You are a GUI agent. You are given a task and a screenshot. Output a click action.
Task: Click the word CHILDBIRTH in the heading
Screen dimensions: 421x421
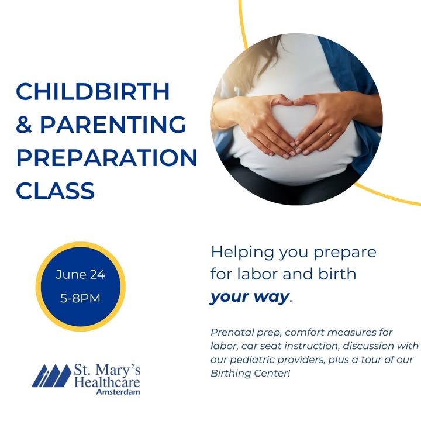click(x=93, y=91)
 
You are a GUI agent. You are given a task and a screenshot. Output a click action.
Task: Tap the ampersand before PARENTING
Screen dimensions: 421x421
click(x=24, y=125)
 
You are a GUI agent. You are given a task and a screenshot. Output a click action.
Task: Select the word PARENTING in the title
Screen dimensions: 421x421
click(x=113, y=125)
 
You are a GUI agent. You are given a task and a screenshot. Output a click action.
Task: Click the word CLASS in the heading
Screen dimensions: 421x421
click(x=56, y=191)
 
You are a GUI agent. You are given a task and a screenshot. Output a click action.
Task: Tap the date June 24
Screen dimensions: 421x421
click(x=80, y=275)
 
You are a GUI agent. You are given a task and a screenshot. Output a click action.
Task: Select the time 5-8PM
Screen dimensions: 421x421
click(x=80, y=298)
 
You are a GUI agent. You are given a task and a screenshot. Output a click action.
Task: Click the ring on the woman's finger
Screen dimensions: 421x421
click(x=329, y=133)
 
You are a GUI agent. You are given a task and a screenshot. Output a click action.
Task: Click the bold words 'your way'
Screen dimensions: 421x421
click(x=250, y=297)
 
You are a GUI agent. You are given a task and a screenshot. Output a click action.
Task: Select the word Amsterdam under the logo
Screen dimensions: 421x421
click(x=118, y=392)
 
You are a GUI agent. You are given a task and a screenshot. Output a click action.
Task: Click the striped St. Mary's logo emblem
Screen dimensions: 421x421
click(x=51, y=375)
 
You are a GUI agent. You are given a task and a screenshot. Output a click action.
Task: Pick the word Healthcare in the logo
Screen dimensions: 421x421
click(x=107, y=382)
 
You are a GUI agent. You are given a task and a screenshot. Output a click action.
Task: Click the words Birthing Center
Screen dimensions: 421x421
click(x=250, y=373)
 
